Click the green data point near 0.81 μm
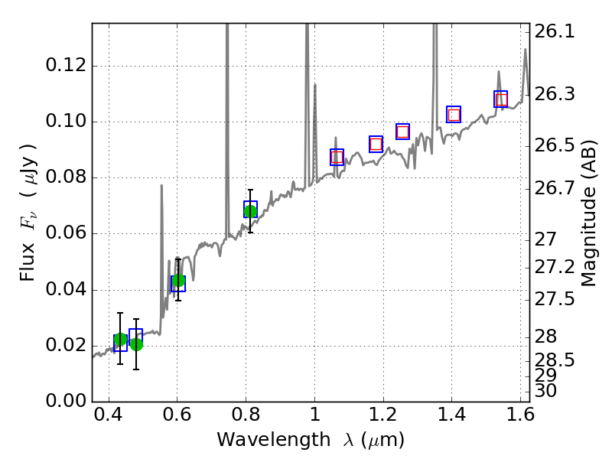(250, 210)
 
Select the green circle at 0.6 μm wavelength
(178, 281)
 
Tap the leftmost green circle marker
(120, 340)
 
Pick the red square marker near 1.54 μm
(501, 99)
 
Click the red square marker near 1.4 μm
(454, 115)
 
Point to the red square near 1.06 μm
(337, 158)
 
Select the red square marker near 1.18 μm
(376, 144)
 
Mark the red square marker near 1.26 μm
(402, 132)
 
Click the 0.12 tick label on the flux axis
(64, 66)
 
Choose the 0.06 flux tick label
(64, 234)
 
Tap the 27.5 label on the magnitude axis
(555, 299)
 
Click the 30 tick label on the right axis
(548, 391)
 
